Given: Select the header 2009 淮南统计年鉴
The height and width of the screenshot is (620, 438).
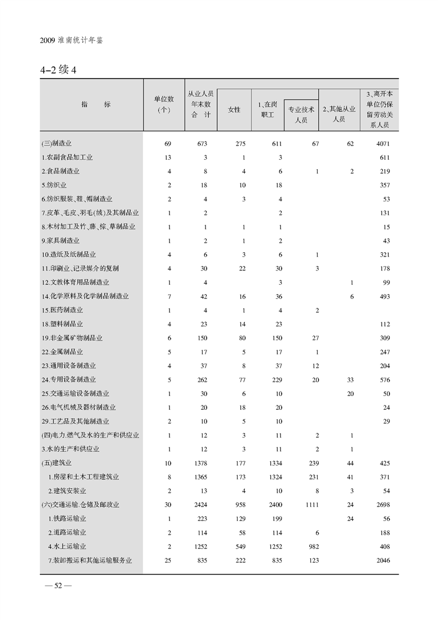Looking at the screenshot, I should (x=72, y=41).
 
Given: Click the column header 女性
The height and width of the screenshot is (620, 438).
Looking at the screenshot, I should (x=234, y=110).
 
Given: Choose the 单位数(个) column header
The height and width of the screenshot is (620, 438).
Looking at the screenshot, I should (x=164, y=104).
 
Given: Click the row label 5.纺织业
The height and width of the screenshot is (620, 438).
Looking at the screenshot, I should (x=54, y=185).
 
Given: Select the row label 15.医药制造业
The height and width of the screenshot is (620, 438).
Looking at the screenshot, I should (x=62, y=310).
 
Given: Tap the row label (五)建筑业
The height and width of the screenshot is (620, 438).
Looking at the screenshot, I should (x=57, y=462).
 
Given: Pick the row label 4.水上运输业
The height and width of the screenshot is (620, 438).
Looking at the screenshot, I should (x=67, y=546).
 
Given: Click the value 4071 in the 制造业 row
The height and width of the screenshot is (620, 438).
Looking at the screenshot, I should (x=382, y=143).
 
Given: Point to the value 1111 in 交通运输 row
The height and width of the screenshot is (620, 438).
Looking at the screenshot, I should (x=312, y=504).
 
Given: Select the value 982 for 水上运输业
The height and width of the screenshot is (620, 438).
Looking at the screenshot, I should (x=313, y=546).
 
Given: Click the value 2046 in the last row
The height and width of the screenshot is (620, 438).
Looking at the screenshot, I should (x=382, y=560).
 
